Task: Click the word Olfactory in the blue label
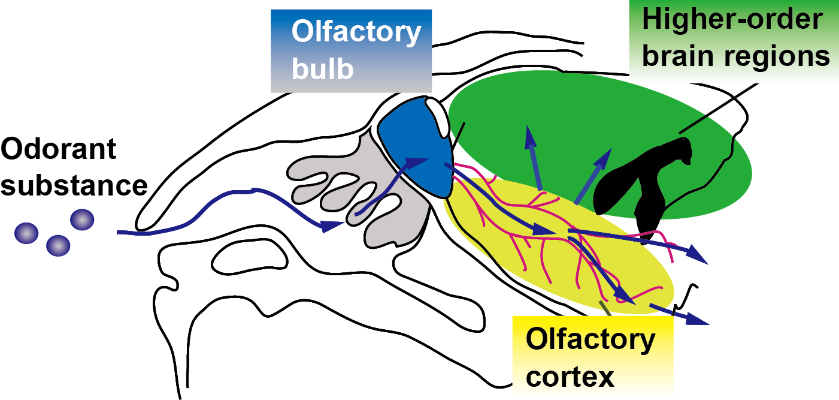click(356, 32)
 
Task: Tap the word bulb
click(322, 69)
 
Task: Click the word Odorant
click(59, 149)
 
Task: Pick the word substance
click(74, 185)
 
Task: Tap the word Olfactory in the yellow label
click(590, 341)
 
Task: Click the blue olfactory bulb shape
click(413, 144)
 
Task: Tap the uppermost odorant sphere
click(82, 219)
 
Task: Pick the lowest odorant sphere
click(59, 245)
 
